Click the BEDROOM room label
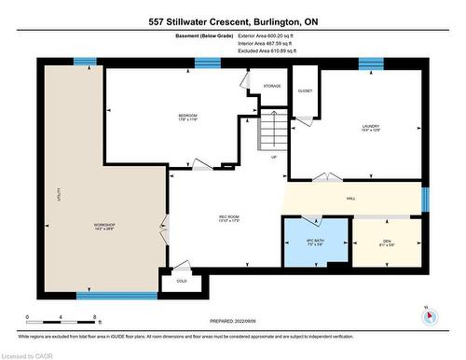coord(188,117)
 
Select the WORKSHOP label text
coord(103,227)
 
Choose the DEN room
coord(387,244)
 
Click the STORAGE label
coord(271,86)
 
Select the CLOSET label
coord(305,91)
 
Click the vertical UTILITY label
coord(57,195)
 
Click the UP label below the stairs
coord(273,157)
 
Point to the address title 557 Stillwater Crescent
coord(232,21)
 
